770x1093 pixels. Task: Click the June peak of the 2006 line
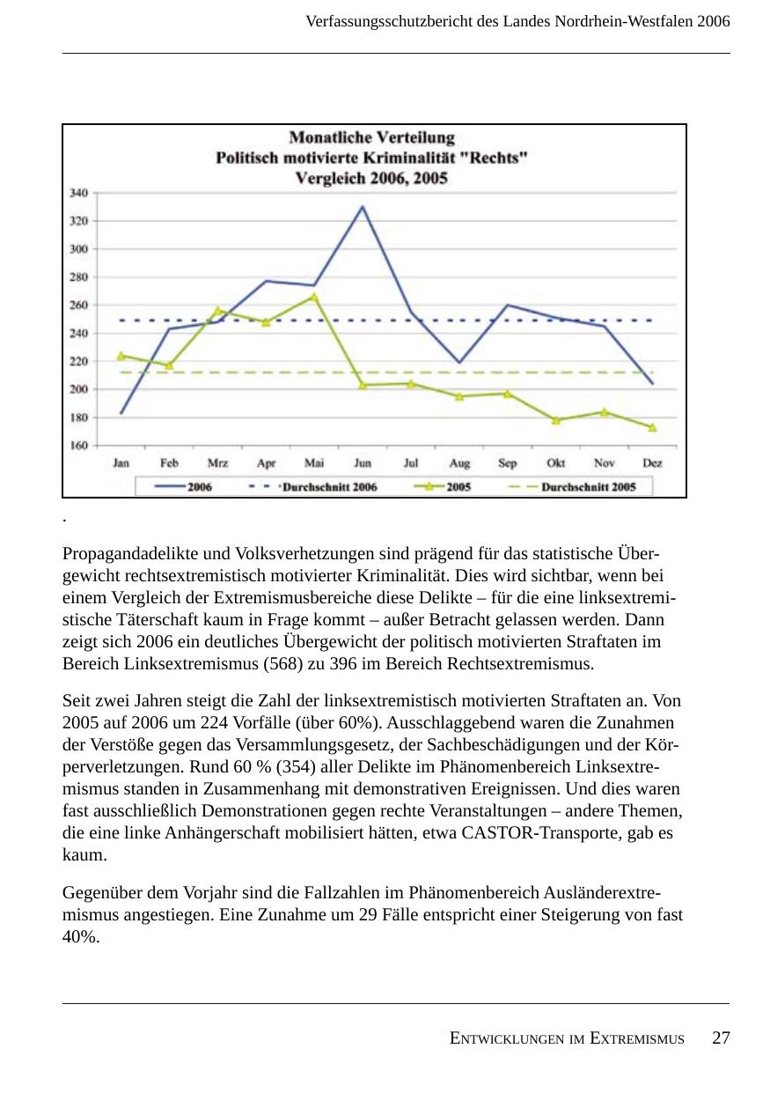362,207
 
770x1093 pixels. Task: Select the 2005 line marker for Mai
313,297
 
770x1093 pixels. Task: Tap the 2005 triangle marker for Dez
652,427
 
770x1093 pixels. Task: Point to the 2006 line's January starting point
121,413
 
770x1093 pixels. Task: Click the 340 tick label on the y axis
78,193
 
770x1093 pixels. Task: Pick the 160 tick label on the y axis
78,446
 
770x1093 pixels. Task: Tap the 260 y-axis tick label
78,306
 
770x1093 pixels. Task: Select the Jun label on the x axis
362,463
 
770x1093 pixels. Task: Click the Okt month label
555,463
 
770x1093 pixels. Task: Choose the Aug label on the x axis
459,463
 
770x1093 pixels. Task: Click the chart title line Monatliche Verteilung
372,137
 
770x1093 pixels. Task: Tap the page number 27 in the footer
721,1038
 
